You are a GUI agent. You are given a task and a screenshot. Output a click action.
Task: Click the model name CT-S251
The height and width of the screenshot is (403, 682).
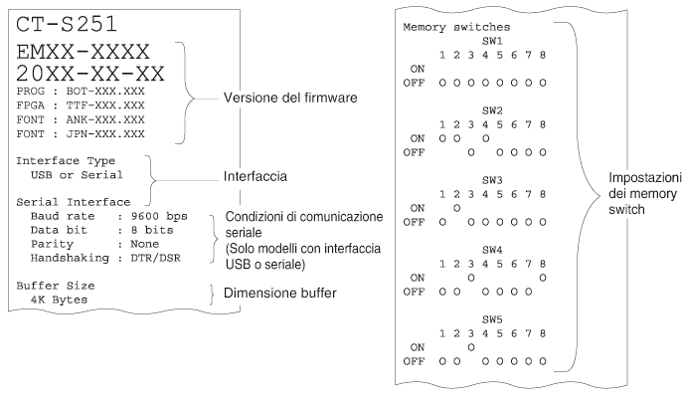pyautogui.click(x=67, y=24)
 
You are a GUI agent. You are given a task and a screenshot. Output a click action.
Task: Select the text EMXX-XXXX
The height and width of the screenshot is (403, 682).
pyautogui.click(x=84, y=52)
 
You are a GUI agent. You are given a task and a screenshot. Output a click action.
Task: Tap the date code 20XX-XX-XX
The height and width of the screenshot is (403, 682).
pyautogui.click(x=90, y=74)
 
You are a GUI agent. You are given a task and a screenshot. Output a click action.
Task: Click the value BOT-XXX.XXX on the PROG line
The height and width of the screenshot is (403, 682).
pyautogui.click(x=105, y=92)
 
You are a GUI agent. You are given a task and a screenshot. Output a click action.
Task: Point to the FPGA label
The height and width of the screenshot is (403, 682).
pyautogui.click(x=31, y=105)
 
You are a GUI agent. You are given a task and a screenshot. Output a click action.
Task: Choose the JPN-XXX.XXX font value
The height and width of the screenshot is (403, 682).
pyautogui.click(x=105, y=134)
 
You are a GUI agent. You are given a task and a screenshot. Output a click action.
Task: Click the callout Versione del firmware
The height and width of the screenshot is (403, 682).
pyautogui.click(x=290, y=98)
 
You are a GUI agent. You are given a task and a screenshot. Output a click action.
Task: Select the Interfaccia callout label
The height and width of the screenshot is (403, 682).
pyautogui.click(x=256, y=176)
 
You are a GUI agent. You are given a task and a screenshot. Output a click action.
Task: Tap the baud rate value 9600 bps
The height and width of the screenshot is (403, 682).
pyautogui.click(x=159, y=216)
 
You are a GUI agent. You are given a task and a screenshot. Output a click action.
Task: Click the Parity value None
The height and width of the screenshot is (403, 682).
pyautogui.click(x=145, y=244)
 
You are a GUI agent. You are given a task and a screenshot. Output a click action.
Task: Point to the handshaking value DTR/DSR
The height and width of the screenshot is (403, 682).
pyautogui.click(x=156, y=258)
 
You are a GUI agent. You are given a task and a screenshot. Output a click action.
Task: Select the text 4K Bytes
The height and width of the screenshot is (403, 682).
pyautogui.click(x=59, y=300)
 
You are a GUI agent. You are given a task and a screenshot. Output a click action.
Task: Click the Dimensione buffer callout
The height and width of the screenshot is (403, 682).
pyautogui.click(x=280, y=293)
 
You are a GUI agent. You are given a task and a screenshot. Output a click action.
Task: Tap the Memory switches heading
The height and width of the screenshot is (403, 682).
pyautogui.click(x=456, y=27)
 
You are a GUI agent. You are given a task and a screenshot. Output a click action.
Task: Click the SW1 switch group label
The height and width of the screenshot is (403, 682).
pyautogui.click(x=492, y=41)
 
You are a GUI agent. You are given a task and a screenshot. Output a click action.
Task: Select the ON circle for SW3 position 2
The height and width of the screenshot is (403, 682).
pyautogui.click(x=456, y=208)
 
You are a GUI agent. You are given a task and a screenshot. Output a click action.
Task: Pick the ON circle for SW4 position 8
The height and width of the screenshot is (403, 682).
pyautogui.click(x=543, y=278)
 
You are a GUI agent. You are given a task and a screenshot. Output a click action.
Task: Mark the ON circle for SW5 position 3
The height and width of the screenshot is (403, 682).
pyautogui.click(x=471, y=347)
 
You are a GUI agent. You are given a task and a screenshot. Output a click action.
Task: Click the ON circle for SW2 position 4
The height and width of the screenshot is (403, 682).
pyautogui.click(x=485, y=138)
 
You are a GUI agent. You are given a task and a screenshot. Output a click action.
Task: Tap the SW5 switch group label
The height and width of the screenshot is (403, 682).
pyautogui.click(x=492, y=319)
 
